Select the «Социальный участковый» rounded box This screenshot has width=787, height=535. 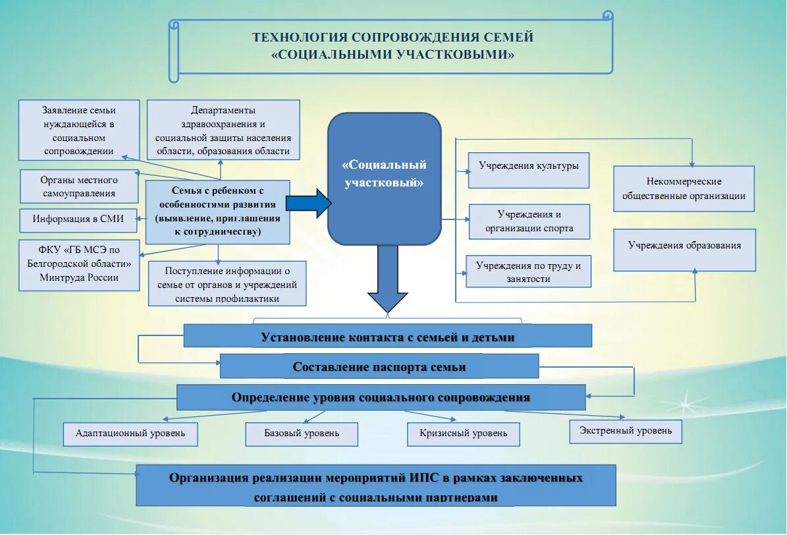pyautogui.click(x=385, y=178)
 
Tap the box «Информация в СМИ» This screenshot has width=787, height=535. pyautogui.click(x=78, y=220)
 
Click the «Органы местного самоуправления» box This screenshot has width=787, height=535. pyautogui.click(x=78, y=186)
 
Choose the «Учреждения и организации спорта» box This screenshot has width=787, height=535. pyautogui.click(x=529, y=221)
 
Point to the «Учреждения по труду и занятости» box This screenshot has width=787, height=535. pyautogui.click(x=529, y=271)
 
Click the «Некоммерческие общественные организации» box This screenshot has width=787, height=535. pyautogui.click(x=684, y=188)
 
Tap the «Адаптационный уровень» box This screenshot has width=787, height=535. pyautogui.click(x=130, y=434)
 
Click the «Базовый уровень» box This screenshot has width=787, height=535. pyautogui.click(x=302, y=434)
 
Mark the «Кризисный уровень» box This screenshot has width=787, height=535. pyautogui.click(x=463, y=434)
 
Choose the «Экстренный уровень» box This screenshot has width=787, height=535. pyautogui.click(x=626, y=431)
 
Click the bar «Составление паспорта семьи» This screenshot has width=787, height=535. pyautogui.click(x=379, y=367)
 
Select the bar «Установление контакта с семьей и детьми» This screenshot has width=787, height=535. pyautogui.click(x=387, y=337)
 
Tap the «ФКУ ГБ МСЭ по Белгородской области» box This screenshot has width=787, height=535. pyautogui.click(x=78, y=265)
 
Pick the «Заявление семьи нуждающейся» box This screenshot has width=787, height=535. pyautogui.click(x=78, y=130)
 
